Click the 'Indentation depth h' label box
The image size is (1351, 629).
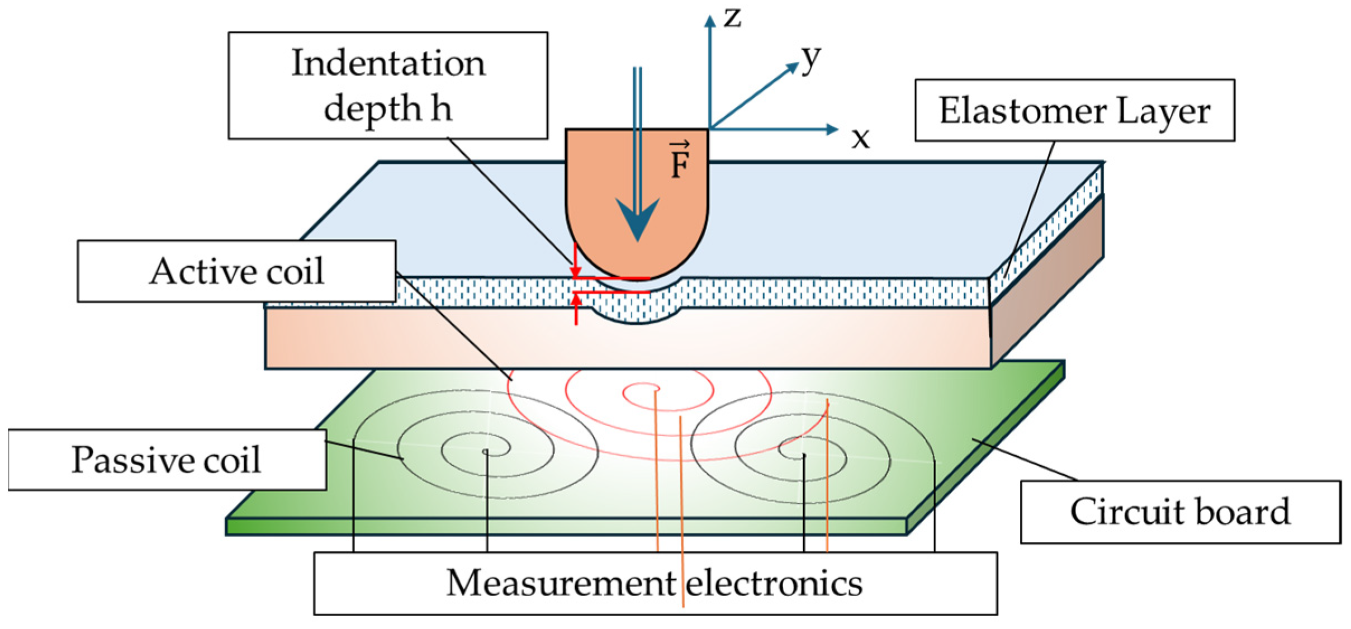point(387,85)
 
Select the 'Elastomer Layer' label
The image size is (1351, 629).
point(1074,110)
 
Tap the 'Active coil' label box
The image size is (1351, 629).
point(236,271)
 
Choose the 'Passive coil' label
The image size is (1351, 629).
point(167,460)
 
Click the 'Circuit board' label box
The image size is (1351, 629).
point(1180,511)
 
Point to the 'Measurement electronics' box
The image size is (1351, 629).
point(655,583)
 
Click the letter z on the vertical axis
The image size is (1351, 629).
point(732,18)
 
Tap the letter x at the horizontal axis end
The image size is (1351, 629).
point(861,138)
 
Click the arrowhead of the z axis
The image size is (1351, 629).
point(710,21)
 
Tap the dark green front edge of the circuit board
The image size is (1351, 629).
point(565,526)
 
